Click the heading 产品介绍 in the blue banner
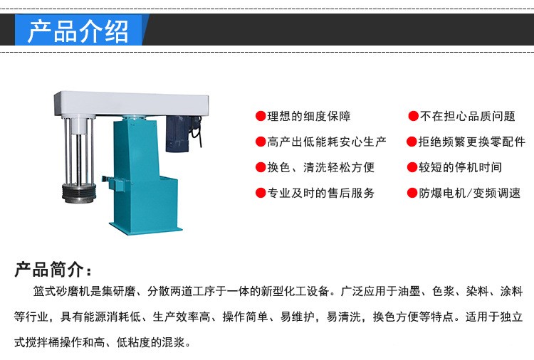pos(78,31)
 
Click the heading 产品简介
pos(53,270)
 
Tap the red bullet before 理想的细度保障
pos(261,116)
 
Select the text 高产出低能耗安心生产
pos(326,142)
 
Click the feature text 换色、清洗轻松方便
pos(320,167)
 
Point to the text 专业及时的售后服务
pos(320,193)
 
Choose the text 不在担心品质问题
pos(467,116)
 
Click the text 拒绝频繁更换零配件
pos(471,142)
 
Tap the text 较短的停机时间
pos(460,167)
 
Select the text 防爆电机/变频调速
pos(469,193)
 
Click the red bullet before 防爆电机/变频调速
pos(412,193)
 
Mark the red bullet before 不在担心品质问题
pos(414,116)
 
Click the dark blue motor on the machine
pos(177,133)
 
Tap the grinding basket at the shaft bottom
pos(79,193)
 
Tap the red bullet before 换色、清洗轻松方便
pos(261,167)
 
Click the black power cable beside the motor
pos(197,131)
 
